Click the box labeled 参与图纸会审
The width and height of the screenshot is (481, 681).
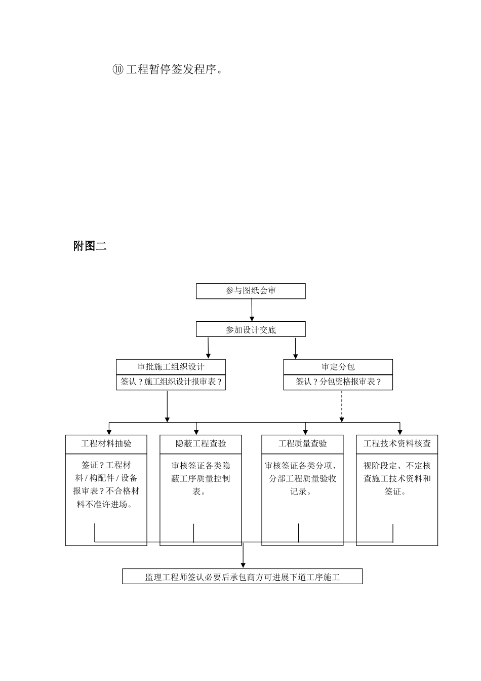[x=251, y=291]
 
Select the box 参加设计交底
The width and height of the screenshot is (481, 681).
[x=251, y=329]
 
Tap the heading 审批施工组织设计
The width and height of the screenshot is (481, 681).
[x=171, y=367]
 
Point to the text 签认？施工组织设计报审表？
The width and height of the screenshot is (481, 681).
[x=171, y=382]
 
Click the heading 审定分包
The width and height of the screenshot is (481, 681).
[x=338, y=367]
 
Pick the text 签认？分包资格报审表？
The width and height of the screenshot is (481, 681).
[x=338, y=382]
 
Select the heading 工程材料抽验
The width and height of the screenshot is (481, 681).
[x=106, y=444]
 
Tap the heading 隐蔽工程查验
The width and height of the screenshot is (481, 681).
[x=201, y=444]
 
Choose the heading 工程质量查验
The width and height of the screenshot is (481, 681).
[x=302, y=444]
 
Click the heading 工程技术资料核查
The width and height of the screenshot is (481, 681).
[x=397, y=444]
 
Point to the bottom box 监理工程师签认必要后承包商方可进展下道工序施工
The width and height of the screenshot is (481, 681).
[x=243, y=577]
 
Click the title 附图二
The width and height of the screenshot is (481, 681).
[x=90, y=246]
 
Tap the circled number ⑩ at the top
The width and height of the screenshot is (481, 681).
[x=117, y=69]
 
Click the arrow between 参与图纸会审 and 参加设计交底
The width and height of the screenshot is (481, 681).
[x=252, y=310]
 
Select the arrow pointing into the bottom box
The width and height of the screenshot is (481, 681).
[x=244, y=555]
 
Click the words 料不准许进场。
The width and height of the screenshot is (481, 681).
[x=106, y=504]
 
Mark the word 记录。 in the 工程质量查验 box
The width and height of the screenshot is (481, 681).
[x=302, y=491]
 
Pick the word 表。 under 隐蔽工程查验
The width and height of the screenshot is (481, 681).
[x=201, y=491]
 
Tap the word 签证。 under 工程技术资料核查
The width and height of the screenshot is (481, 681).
[x=397, y=491]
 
